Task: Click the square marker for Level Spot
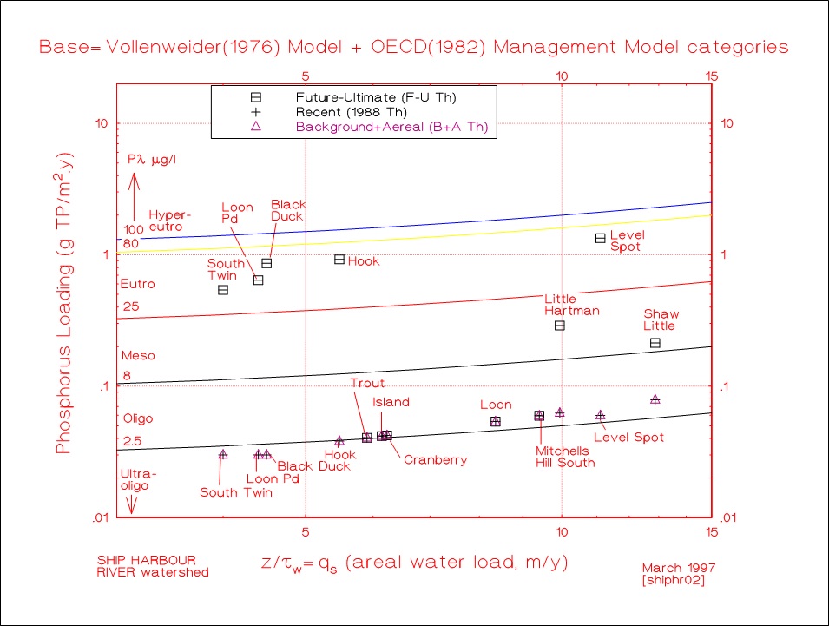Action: pos(600,238)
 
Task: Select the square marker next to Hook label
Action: pos(339,260)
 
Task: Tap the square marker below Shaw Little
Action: pos(655,343)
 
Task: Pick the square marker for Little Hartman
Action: pos(560,326)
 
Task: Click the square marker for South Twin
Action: pos(223,290)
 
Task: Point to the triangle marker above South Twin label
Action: pos(223,454)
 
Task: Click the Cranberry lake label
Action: pos(435,460)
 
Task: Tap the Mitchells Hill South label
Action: pos(565,457)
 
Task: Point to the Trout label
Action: pos(367,383)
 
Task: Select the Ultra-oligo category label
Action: pos(135,480)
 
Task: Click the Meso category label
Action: pos(137,355)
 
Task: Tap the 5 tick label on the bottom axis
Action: pos(306,530)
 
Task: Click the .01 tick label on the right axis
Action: pos(728,518)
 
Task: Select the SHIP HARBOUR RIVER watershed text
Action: pos(153,566)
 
